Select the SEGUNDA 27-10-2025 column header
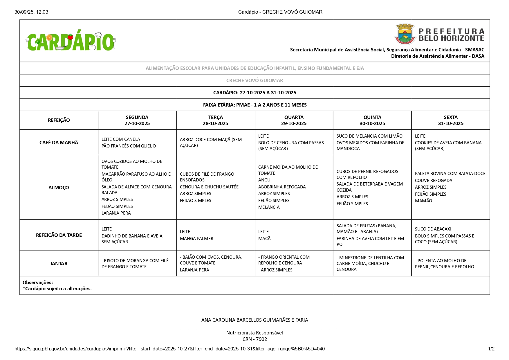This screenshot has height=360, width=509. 137,120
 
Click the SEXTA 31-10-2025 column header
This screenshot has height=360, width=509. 450,120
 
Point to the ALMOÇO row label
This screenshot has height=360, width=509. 59,188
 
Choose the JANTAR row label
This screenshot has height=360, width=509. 59,264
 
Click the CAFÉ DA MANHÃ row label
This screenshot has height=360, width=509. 59,143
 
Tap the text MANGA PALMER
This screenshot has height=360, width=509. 196,239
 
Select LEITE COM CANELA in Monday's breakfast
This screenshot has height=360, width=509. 121,139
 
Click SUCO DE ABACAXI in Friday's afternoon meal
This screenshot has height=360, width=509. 433,229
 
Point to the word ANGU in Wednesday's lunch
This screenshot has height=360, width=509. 264,180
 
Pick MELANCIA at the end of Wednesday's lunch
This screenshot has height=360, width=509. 269,207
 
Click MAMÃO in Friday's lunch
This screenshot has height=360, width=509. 423,201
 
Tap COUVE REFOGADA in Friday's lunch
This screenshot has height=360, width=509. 434,181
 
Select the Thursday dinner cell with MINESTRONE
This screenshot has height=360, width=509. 372,264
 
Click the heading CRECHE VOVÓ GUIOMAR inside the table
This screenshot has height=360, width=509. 255,80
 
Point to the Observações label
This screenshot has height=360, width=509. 38,282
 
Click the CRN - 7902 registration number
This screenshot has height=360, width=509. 255,339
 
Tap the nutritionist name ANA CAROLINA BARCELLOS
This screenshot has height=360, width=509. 255,320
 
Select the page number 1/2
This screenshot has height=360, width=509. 491,349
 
